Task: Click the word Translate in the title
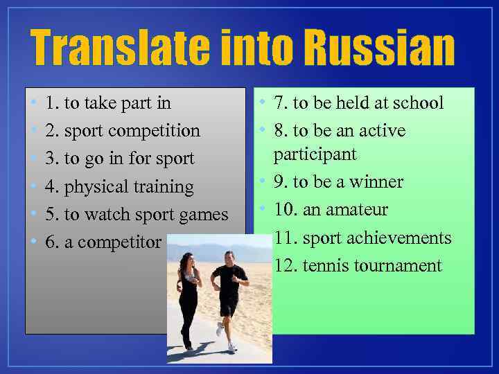pos(119,47)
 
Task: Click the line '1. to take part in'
pos(107,103)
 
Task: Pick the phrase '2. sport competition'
pos(122,131)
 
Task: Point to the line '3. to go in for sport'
pos(119,159)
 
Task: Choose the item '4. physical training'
pos(119,186)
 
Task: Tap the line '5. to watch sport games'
pos(136,214)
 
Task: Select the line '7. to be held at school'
pos(358,103)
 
